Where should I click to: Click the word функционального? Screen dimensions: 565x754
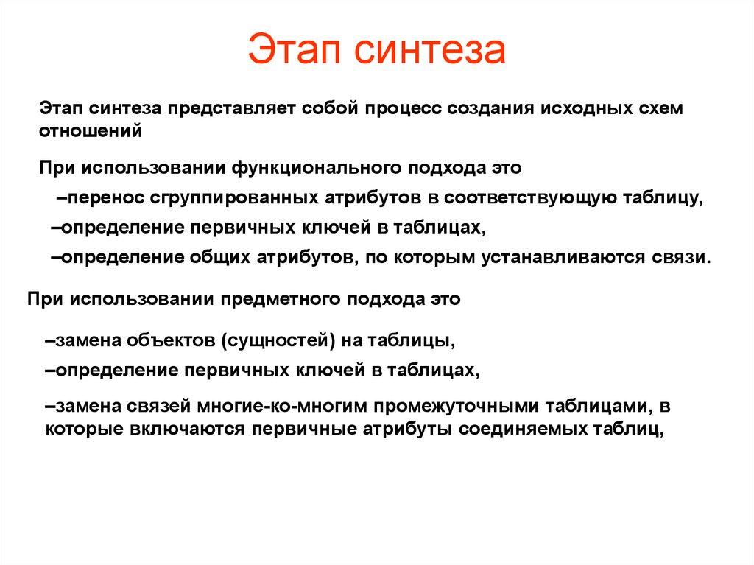(x=316, y=168)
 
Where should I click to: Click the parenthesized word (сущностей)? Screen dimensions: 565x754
(x=281, y=341)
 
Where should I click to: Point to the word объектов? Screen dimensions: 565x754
(x=172, y=341)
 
